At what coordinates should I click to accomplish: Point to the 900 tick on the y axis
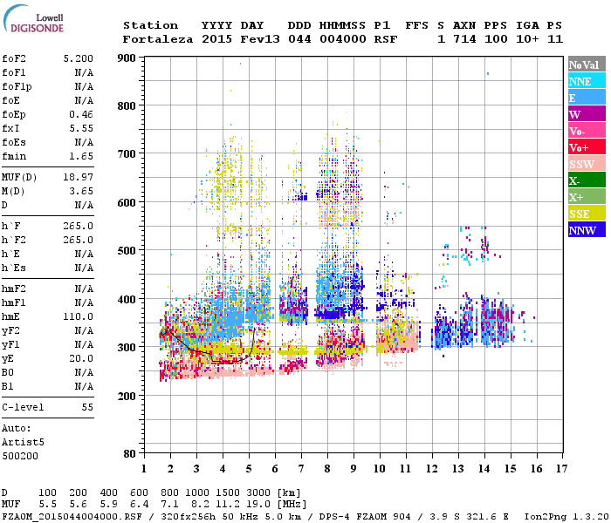coord(128,58)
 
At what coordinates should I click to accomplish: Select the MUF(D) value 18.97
coord(79,177)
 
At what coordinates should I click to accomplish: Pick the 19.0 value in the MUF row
coord(259,504)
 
